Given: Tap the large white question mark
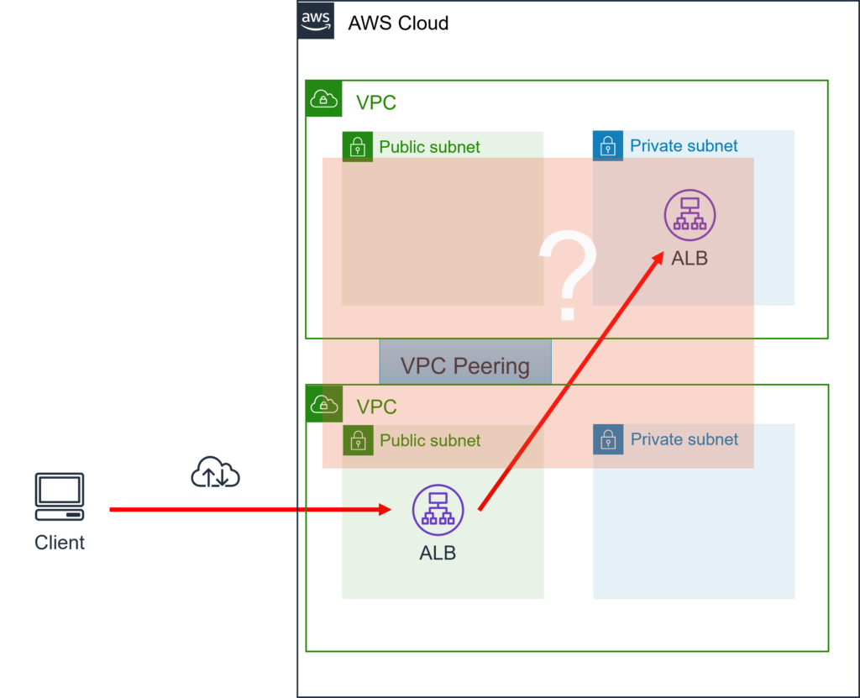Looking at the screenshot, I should (x=568, y=277).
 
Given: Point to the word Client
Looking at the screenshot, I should (x=60, y=543).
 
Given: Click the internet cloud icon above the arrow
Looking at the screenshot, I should (x=216, y=473).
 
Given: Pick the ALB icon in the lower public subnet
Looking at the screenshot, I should (x=438, y=510).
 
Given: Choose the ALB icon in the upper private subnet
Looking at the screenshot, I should (x=690, y=215).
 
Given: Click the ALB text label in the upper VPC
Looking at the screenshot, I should (x=690, y=259).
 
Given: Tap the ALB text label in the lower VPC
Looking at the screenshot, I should (x=438, y=553).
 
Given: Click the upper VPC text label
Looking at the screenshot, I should (x=376, y=103).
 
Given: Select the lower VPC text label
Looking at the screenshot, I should (x=377, y=407).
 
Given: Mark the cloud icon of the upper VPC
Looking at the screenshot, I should (x=323, y=99).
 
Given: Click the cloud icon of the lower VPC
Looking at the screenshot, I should (x=324, y=404).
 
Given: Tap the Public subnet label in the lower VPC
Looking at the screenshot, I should (x=430, y=440).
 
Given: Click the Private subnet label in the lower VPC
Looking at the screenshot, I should (x=684, y=439).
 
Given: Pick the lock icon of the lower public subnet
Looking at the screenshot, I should (x=358, y=439).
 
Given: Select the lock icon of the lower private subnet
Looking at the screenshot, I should (x=608, y=439).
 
